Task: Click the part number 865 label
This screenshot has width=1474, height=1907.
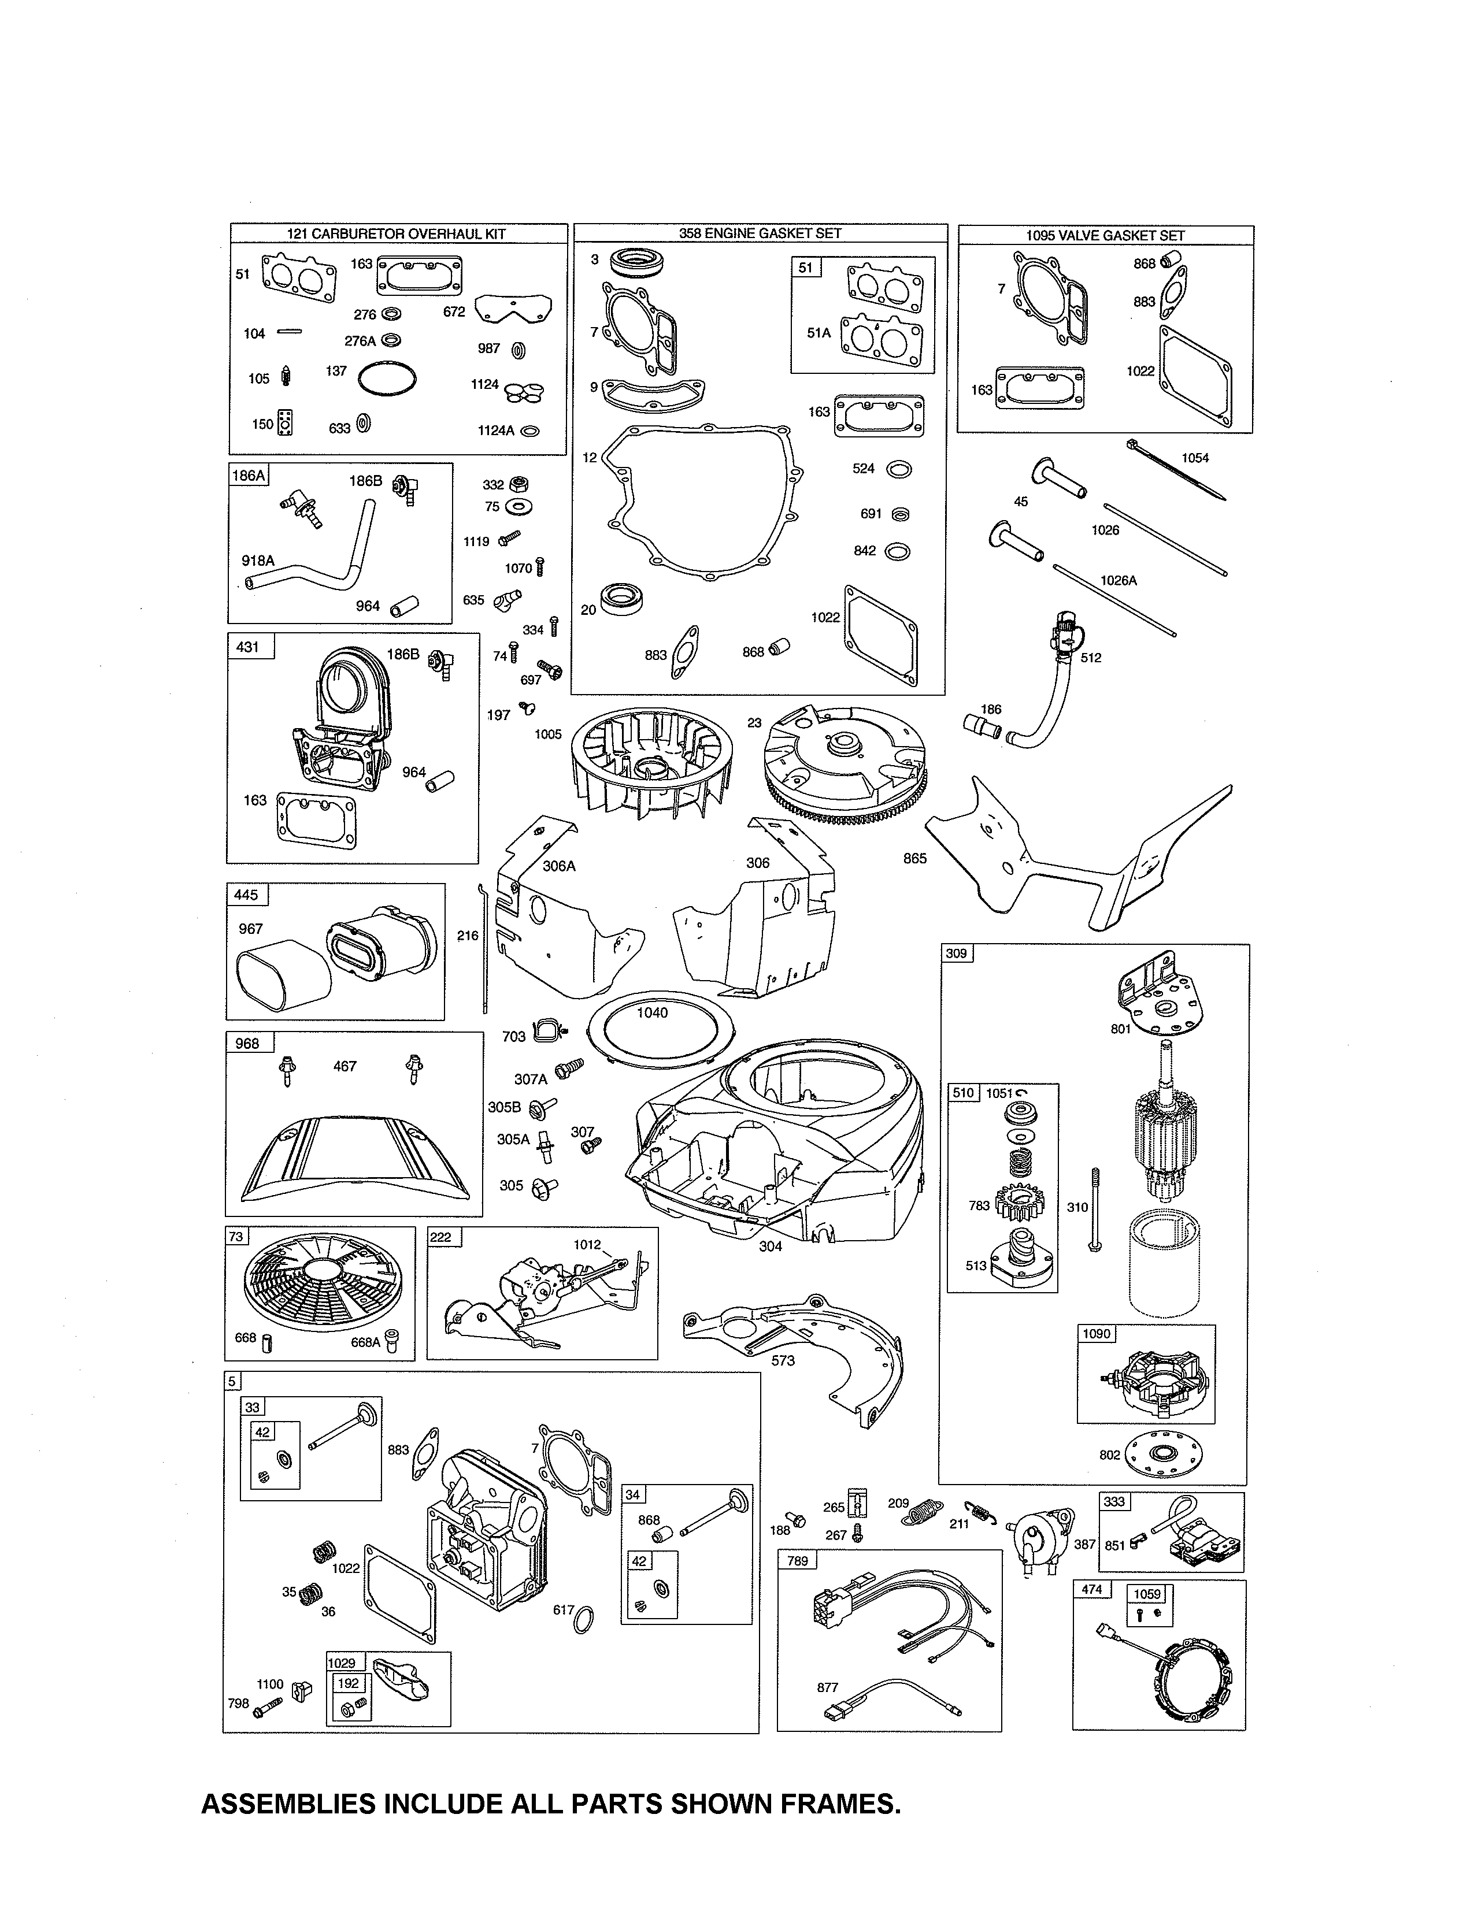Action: (914, 858)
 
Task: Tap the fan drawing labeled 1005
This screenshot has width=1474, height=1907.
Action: (650, 762)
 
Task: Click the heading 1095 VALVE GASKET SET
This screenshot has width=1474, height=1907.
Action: (1105, 235)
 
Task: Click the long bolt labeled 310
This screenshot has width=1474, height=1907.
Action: (1095, 1210)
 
